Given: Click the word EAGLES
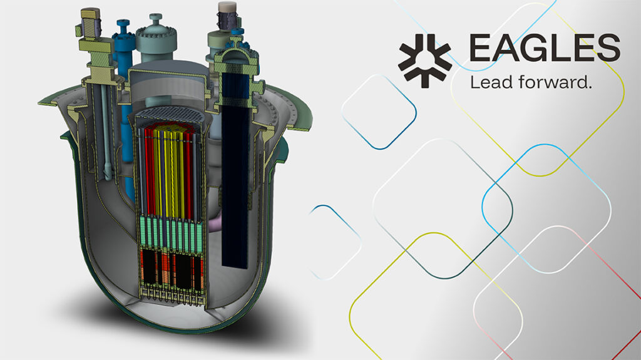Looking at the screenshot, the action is pos(545,48).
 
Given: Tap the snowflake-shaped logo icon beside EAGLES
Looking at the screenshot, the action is pos(425,61).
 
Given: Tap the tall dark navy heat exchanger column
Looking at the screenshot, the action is pos(235,180).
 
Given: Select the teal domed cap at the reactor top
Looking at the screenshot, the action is pos(156,39).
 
